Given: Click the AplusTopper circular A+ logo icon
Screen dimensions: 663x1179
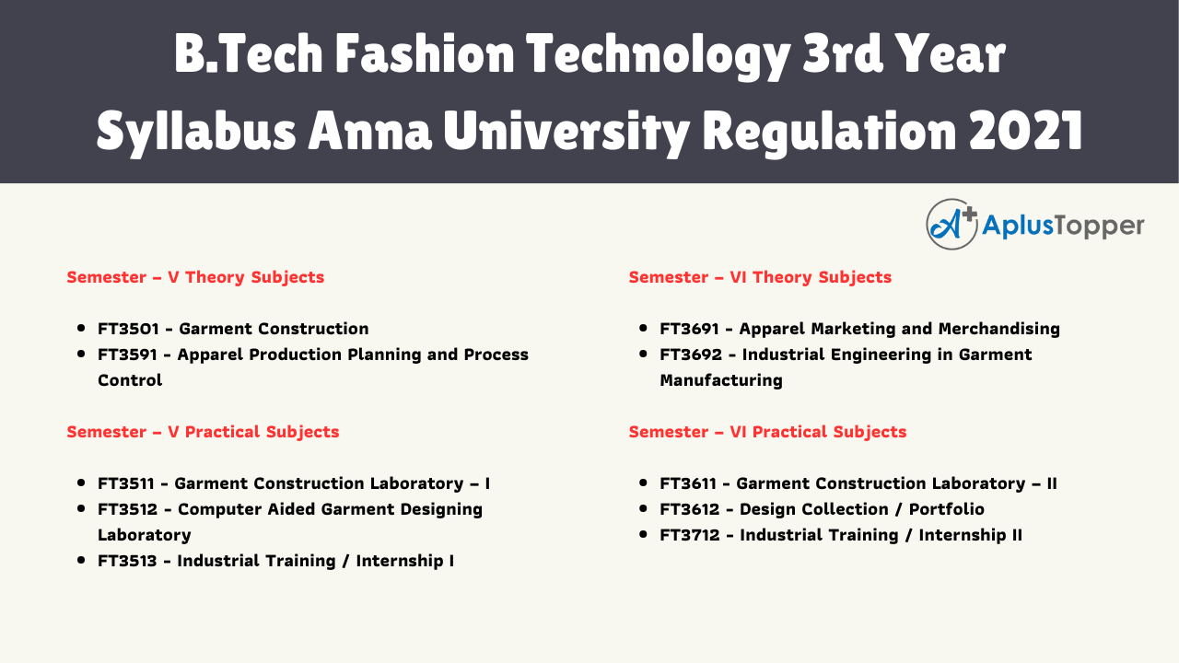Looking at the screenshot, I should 951,225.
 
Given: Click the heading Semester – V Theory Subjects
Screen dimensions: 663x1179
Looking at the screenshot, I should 195,277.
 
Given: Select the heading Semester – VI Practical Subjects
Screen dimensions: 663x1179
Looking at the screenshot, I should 767,432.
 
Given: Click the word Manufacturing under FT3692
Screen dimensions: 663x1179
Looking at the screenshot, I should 721,380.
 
